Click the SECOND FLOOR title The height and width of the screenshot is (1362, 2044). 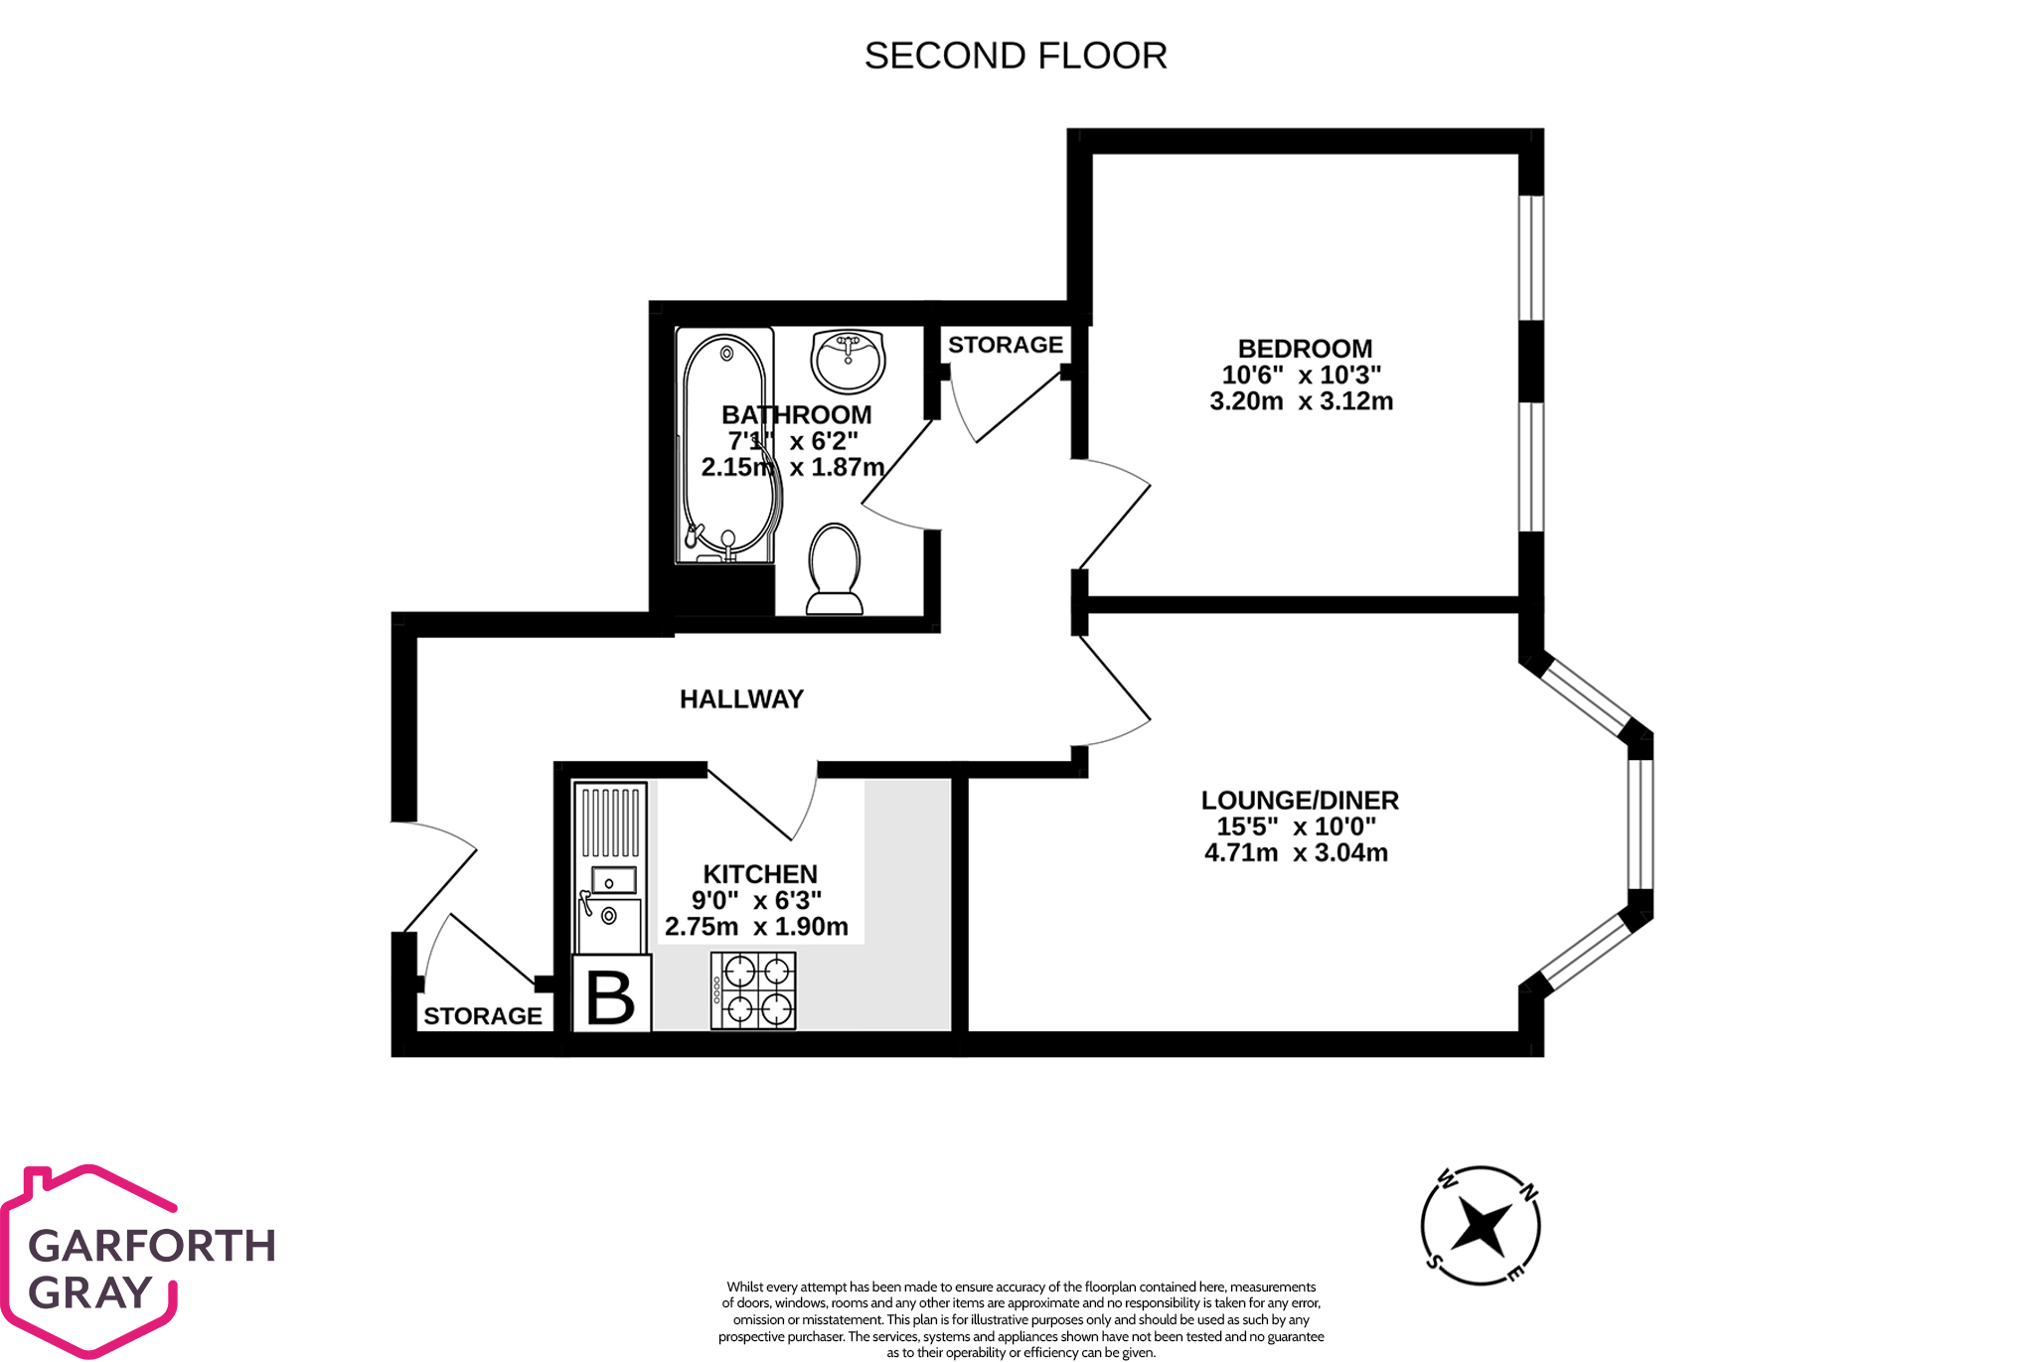(1015, 56)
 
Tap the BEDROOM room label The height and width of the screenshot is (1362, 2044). (1304, 349)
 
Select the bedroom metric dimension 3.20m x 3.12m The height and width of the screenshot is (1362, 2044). (1301, 401)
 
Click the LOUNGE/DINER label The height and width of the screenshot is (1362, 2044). (1299, 800)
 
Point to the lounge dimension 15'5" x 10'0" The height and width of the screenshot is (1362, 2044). (1296, 827)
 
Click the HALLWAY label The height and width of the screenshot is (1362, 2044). (741, 699)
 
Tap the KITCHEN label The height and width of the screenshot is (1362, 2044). (760, 874)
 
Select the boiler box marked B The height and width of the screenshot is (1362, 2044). (611, 995)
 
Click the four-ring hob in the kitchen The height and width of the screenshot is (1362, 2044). (753, 990)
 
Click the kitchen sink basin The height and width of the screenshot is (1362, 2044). (613, 880)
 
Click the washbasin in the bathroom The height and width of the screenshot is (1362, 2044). (848, 361)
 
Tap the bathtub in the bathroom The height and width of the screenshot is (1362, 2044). (725, 447)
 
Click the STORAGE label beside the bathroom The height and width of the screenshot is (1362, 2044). (1005, 345)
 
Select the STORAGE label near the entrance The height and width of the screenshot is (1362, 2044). (483, 1016)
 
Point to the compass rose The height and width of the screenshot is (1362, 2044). (1480, 1226)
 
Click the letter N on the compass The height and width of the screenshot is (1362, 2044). (1529, 1191)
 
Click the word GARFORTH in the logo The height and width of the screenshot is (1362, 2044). (152, 1246)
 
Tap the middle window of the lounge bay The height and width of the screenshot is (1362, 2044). (1641, 824)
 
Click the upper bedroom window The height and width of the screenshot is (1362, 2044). (1531, 258)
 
